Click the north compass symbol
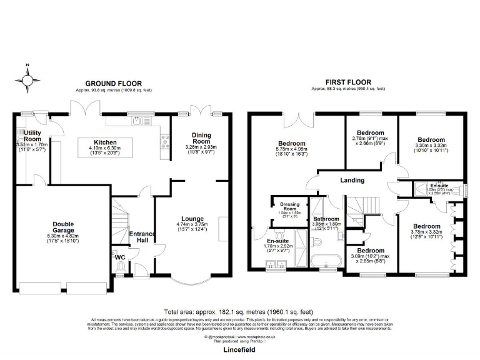[28, 80]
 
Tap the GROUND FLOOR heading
[113, 83]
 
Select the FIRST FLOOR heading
[348, 82]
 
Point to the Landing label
[352, 181]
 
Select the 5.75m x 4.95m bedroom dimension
[292, 149]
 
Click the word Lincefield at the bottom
[240, 351]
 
